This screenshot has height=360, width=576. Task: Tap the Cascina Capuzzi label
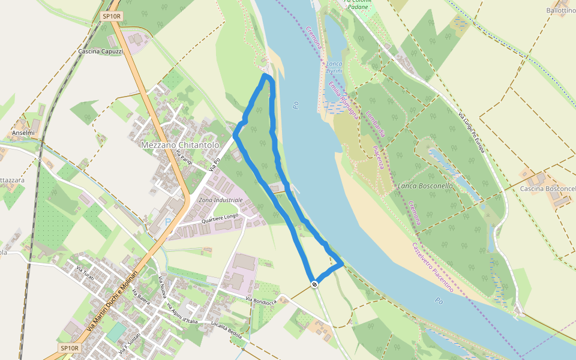click(100, 52)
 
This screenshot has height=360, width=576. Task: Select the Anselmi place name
click(23, 133)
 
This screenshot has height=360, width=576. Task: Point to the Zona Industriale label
click(220, 200)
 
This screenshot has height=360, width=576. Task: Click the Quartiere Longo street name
click(220, 219)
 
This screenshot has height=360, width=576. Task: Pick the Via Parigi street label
click(184, 159)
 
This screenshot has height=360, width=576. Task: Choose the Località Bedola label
click(226, 330)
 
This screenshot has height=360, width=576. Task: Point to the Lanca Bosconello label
click(425, 186)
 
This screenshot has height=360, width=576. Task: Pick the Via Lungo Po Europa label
click(471, 132)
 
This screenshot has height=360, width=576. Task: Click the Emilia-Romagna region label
click(343, 100)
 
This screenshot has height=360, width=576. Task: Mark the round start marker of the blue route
click(314, 284)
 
